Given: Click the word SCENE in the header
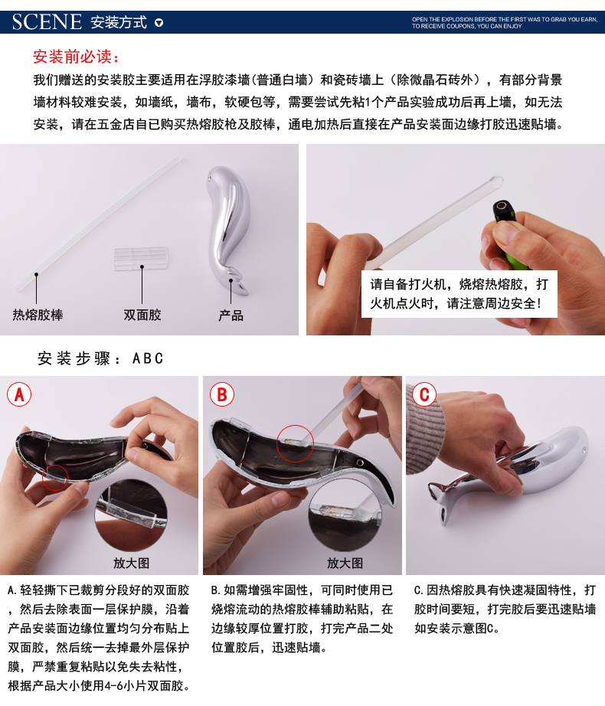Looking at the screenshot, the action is (47, 21).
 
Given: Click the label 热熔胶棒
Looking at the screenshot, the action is (38, 315).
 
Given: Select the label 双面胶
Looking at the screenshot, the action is (142, 315).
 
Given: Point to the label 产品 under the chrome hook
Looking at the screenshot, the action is (231, 315).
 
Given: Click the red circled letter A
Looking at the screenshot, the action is (19, 394).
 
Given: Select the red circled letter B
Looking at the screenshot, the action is (222, 394).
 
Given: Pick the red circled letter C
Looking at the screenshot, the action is (424, 394).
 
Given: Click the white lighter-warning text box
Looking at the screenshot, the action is (459, 294).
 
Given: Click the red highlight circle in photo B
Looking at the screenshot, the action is (296, 443).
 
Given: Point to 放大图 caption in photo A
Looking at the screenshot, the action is (131, 563).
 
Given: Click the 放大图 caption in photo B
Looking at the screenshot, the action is (345, 563).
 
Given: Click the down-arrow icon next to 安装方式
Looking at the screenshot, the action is (159, 22).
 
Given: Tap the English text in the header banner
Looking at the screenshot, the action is (505, 22).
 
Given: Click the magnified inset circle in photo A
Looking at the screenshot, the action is (131, 515).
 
